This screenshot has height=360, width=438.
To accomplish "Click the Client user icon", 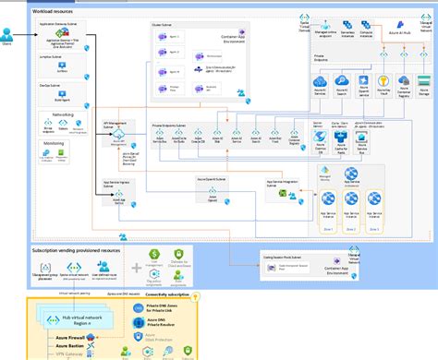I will [x=7, y=35].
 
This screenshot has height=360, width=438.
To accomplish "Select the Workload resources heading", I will [x=54, y=9].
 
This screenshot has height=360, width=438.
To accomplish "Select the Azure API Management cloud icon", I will [x=121, y=135].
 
